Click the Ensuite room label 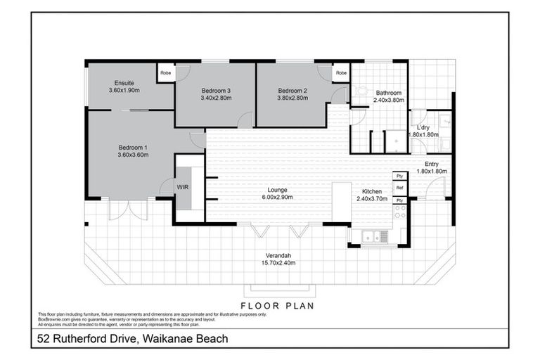click(124, 83)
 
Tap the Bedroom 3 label click(216, 91)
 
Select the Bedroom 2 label click(292, 91)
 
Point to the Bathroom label click(388, 93)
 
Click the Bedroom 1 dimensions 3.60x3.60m click(133, 155)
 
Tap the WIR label click(182, 188)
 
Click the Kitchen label click(371, 191)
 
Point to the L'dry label click(423, 127)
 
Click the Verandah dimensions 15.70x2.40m click(275, 262)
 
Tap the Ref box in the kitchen click(399, 188)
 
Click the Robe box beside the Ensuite click(166, 72)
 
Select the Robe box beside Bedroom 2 click(341, 72)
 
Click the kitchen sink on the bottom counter click(371, 237)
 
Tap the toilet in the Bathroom click(361, 91)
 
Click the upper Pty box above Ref click(399, 176)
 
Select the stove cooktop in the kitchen click(399, 212)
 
